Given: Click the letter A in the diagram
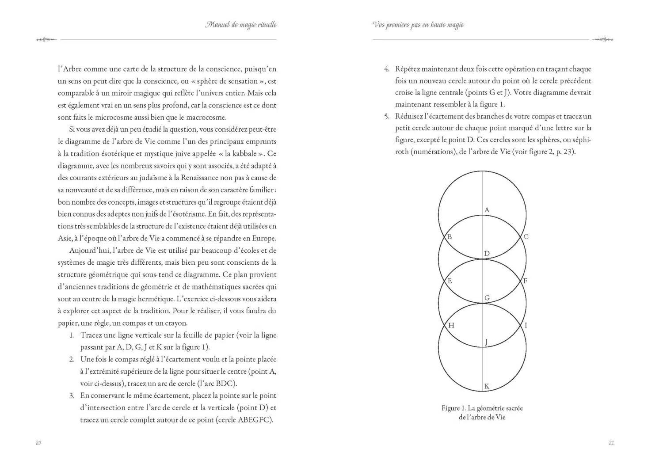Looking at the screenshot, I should [487, 210].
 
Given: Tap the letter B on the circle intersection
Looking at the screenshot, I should [450, 237].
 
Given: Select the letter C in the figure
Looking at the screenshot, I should [526, 237].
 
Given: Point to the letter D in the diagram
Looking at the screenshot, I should [487, 254].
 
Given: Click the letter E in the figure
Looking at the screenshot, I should [450, 281].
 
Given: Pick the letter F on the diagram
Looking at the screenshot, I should [525, 281].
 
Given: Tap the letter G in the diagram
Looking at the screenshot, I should [487, 298].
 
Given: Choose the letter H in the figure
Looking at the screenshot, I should [451, 326].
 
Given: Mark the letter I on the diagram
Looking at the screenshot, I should [526, 326].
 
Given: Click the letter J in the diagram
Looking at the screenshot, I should [486, 342].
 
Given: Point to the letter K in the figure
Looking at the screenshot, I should [487, 387].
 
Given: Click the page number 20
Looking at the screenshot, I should [38, 443].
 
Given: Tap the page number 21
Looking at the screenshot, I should [611, 443].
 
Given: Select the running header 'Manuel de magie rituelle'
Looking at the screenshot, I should [241, 25].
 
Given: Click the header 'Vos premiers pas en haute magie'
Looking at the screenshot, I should [418, 25].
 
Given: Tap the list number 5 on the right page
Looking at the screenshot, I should [386, 117].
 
